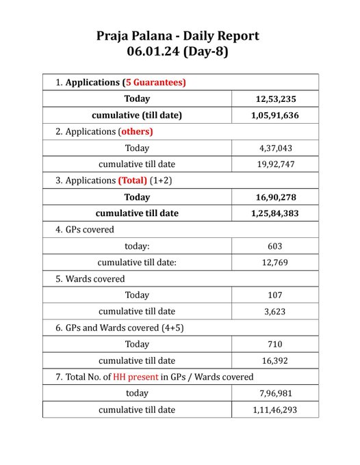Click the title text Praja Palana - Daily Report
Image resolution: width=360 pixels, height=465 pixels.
coord(177,36)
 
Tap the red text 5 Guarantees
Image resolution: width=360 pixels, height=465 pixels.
coord(154,82)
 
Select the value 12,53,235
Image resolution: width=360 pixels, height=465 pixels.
coord(274,99)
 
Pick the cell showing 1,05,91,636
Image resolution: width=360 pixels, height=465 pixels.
coord(274,116)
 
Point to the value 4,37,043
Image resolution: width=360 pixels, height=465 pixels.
coord(274,148)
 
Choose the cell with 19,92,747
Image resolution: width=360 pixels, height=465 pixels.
coord(274,164)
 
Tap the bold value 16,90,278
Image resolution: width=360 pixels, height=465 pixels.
coord(274,197)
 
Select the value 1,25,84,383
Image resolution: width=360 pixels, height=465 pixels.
coord(274,213)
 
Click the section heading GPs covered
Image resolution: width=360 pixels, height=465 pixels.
coord(89,230)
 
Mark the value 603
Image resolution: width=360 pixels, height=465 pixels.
coord(274,246)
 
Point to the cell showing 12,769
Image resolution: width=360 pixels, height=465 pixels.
coord(274,263)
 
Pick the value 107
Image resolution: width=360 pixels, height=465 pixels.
coord(274,295)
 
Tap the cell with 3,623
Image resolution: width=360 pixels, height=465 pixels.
coord(274,311)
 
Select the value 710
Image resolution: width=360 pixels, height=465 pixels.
coord(274,344)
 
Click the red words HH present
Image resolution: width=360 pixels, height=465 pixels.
coord(136,377)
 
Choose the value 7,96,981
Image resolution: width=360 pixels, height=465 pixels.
coord(274,393)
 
